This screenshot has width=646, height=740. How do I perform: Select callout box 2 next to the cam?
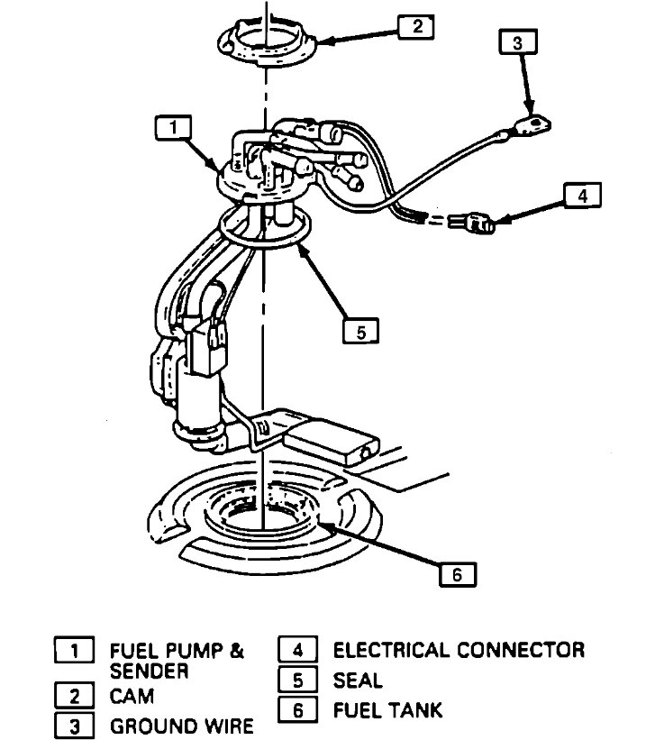pyautogui.click(x=416, y=26)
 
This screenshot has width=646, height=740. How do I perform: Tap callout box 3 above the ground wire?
pyautogui.click(x=516, y=41)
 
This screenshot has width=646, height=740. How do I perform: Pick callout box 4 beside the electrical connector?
pyautogui.click(x=582, y=196)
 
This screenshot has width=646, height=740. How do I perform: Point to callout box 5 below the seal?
pyautogui.click(x=360, y=332)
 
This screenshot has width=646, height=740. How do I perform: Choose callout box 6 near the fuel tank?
pyautogui.click(x=457, y=574)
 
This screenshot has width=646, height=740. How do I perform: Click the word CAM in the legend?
pyautogui.click(x=132, y=696)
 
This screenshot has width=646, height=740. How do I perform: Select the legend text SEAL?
pyautogui.click(x=358, y=681)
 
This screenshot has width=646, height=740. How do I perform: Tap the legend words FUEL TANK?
pyautogui.click(x=387, y=710)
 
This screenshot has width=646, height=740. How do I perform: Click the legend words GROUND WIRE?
pyautogui.click(x=181, y=726)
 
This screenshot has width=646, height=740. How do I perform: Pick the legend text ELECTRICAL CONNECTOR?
pyautogui.click(x=459, y=650)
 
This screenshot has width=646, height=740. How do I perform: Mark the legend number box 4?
pyautogui.click(x=298, y=650)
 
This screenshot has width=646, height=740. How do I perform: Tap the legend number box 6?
pyautogui.click(x=298, y=710)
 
